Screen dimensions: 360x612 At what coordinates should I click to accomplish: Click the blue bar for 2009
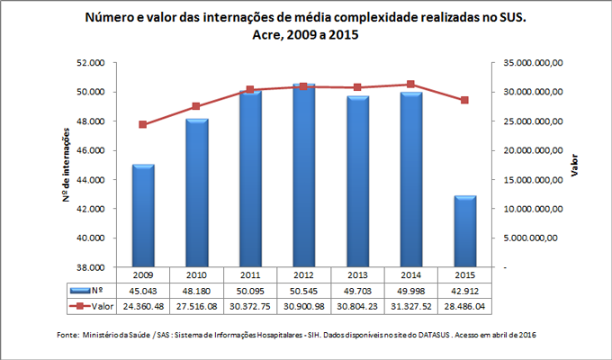[x=143, y=216]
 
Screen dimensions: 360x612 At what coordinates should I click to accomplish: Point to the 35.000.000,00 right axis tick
[x=533, y=63]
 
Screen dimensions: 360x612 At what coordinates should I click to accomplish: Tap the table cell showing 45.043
[x=143, y=291]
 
